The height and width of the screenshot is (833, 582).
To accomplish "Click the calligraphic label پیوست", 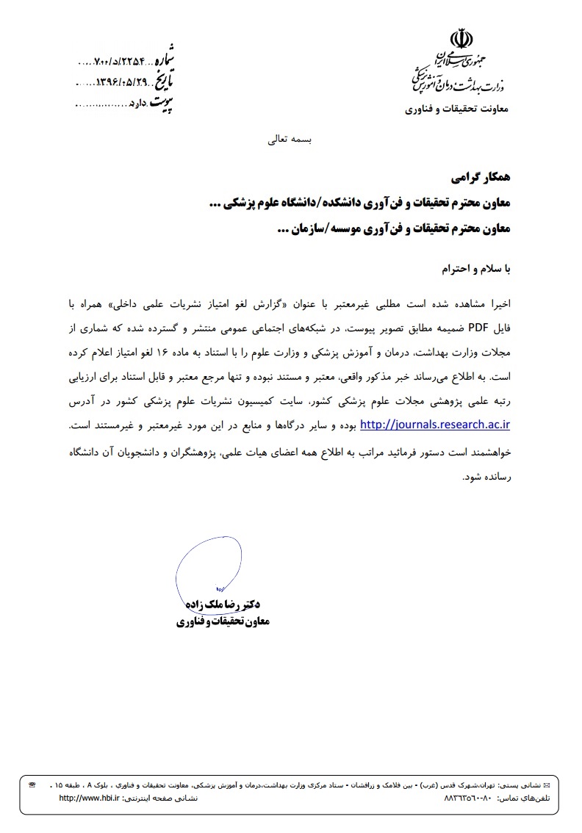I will (162, 103).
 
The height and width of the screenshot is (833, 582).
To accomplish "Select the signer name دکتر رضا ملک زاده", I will (227, 605).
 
